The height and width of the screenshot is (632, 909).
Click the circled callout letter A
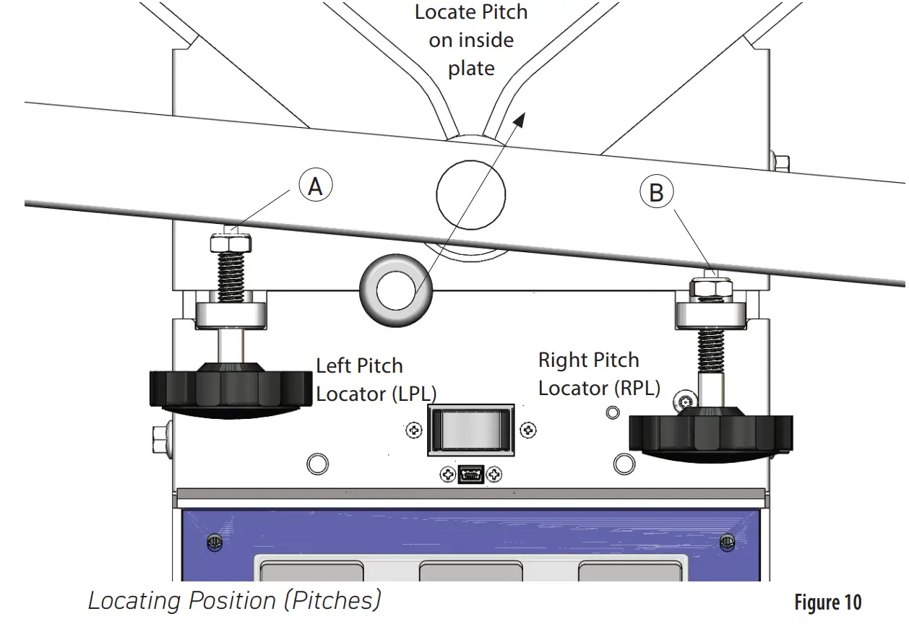point(315,187)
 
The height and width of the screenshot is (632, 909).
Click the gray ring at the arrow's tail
point(396,292)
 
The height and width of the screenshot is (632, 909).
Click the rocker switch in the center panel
point(471,430)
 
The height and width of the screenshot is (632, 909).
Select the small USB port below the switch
point(470,475)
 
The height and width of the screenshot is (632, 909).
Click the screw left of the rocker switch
point(414,430)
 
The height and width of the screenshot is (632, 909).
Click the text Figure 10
point(827,602)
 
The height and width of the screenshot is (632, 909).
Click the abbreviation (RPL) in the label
point(637,388)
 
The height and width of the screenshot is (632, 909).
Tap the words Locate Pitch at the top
point(470,12)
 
